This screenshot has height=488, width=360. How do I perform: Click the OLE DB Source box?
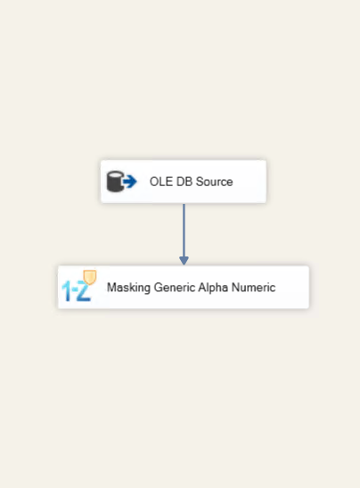(184, 182)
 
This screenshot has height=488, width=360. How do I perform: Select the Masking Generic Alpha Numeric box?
(184, 287)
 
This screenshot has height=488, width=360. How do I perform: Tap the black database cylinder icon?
(115, 182)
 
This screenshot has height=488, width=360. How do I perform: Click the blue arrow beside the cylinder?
(130, 182)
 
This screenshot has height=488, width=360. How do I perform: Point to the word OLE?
(161, 182)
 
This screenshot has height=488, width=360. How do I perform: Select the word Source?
(215, 182)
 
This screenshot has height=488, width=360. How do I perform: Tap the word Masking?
(128, 288)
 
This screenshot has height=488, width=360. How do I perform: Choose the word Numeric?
(253, 288)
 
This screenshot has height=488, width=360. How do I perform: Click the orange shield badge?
(90, 277)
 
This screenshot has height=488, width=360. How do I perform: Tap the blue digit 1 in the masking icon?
(67, 291)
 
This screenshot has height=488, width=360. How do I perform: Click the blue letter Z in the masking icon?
(84, 291)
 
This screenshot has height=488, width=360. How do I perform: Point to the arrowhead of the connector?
(184, 261)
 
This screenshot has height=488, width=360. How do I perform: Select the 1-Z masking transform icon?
(79, 286)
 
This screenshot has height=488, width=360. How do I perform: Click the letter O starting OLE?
(153, 182)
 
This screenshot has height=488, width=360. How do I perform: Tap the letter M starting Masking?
(111, 288)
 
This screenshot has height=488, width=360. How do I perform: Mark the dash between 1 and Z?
(74, 289)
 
